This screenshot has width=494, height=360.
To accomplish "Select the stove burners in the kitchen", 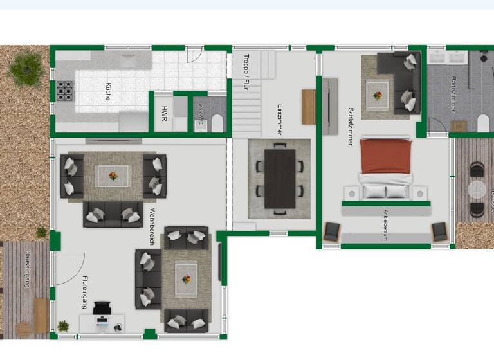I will pos(65,91).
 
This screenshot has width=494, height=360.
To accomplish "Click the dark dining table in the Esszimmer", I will pos(280,179).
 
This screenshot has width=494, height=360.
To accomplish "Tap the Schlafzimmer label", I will pos(351,126).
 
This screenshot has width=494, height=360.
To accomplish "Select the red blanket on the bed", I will pos(385,156).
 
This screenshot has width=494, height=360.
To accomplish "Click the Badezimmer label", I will pos(453,94).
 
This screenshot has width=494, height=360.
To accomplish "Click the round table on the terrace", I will pos(477,190).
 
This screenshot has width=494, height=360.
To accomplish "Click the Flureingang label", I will pos(84,292).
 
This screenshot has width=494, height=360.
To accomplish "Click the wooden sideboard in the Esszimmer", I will pos(309,107).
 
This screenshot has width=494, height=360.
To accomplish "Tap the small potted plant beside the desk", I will pos(63,326).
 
